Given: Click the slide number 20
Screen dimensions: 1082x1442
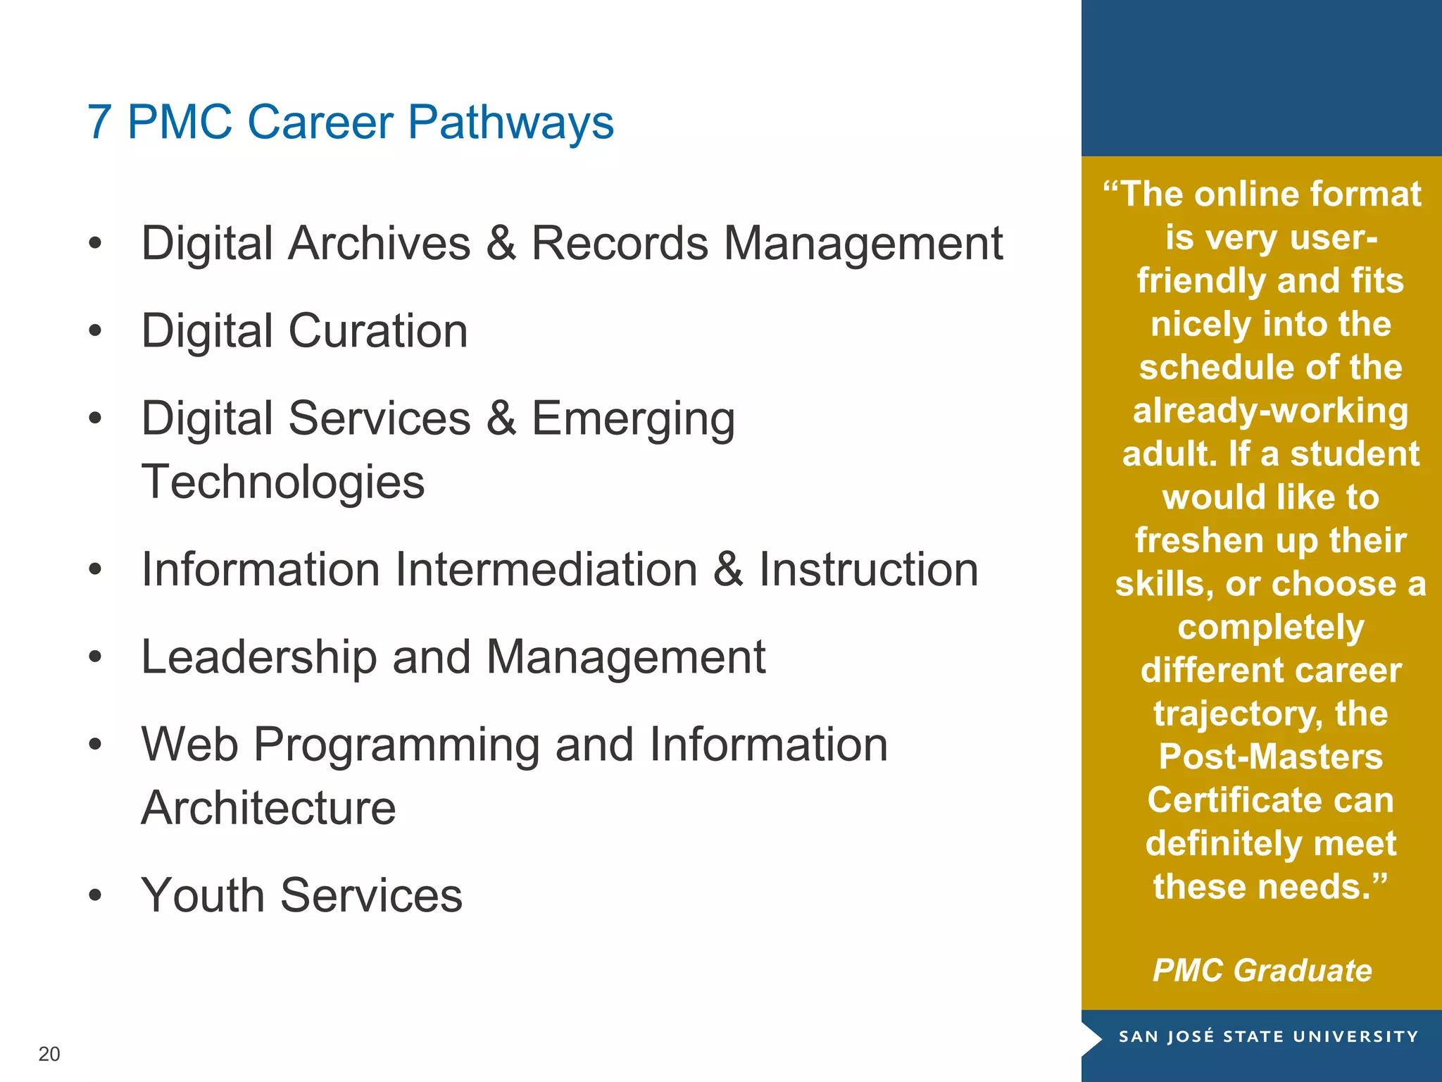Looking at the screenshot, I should tap(49, 1054).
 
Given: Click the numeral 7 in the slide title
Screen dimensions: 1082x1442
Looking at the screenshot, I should tap(99, 123).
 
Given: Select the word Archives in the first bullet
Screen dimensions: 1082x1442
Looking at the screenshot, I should tap(380, 244).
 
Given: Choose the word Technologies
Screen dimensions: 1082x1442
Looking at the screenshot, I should tap(283, 483).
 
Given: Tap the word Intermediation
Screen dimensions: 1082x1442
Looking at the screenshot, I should tap(546, 569).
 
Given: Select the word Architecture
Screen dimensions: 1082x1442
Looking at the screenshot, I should tap(268, 808).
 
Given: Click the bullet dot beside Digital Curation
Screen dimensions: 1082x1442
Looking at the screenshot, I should tap(96, 330).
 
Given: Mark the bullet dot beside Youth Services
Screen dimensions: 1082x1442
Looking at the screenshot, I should tap(96, 895).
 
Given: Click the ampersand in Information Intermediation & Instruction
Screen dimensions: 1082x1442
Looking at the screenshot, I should tap(728, 569).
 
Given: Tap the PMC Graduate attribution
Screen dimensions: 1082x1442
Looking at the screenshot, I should tap(1262, 971).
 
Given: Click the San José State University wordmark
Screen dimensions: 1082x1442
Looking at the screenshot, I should tap(1268, 1037).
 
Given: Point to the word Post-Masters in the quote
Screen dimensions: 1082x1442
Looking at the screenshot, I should tap(1271, 757).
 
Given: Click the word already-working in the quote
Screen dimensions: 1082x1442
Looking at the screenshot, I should tap(1271, 411).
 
